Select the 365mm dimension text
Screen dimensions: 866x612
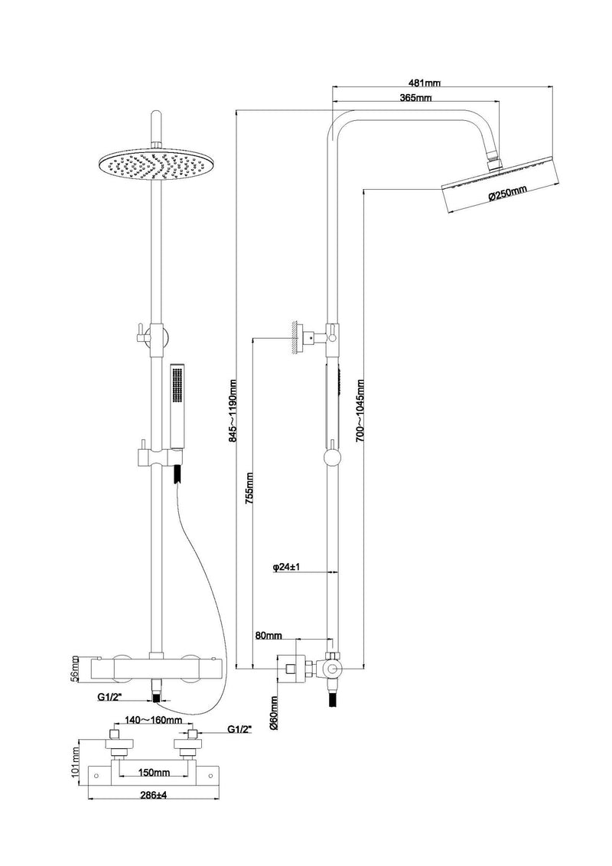(x=415, y=98)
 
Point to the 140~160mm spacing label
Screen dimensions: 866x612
(x=144, y=721)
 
